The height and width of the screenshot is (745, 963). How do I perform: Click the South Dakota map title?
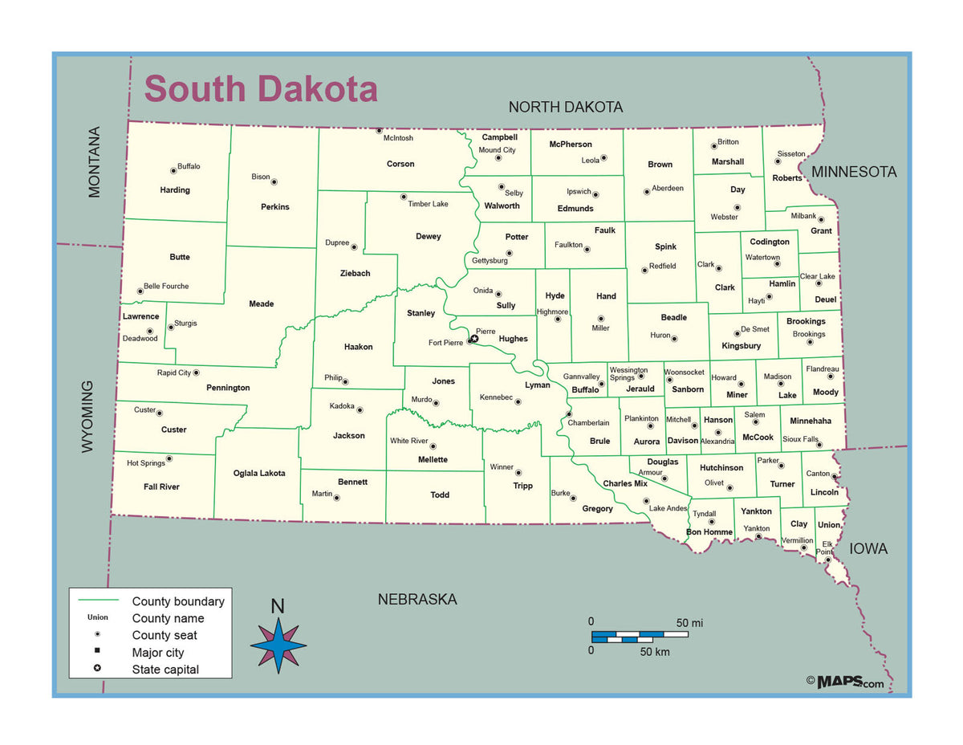click(x=261, y=88)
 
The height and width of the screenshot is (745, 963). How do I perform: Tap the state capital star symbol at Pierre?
click(x=474, y=339)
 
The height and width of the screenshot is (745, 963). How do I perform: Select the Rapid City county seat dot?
click(x=196, y=372)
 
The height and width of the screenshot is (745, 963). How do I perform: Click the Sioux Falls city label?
click(x=800, y=440)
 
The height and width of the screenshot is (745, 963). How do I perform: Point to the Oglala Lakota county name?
click(x=259, y=473)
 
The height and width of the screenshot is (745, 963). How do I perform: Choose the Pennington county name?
click(x=228, y=388)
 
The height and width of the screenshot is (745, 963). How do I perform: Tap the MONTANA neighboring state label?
click(x=95, y=162)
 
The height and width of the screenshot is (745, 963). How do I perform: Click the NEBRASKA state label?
click(x=417, y=600)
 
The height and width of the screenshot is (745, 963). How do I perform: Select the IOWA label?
click(x=868, y=549)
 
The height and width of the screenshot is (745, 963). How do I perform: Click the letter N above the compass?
click(x=278, y=607)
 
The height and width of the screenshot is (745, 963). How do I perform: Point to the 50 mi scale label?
click(x=689, y=623)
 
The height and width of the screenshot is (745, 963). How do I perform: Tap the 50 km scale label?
click(x=655, y=652)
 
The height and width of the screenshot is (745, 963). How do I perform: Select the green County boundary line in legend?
click(x=98, y=600)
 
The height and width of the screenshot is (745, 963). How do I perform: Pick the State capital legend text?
click(x=165, y=670)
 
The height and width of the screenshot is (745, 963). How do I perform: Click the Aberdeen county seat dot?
click(x=646, y=192)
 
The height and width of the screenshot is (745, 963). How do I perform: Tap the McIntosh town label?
click(x=398, y=138)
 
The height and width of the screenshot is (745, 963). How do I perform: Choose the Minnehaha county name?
click(x=811, y=421)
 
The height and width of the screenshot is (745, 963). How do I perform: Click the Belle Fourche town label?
click(x=166, y=286)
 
